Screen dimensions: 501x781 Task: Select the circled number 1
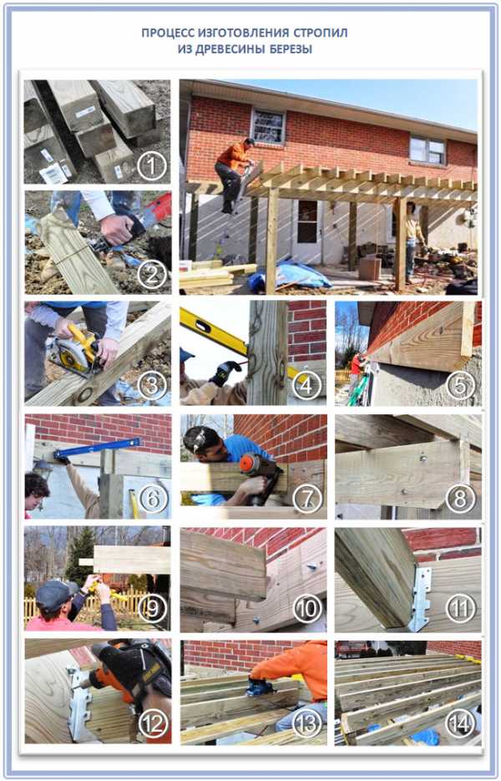pyautogui.click(x=151, y=165)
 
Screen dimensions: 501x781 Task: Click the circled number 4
pyautogui.click(x=305, y=384)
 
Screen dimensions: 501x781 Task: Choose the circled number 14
pyautogui.click(x=460, y=723)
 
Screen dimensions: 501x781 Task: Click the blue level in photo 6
pyautogui.click(x=97, y=447)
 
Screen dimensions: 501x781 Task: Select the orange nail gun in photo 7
pyautogui.click(x=259, y=472)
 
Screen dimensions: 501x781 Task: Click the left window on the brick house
pyautogui.click(x=268, y=126)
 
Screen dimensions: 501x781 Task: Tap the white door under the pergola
pyautogui.click(x=306, y=230)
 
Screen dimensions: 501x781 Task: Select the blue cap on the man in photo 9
pyautogui.click(x=53, y=596)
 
